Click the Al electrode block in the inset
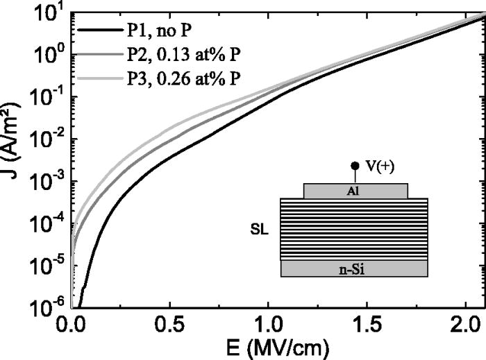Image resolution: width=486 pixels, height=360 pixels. (355, 191)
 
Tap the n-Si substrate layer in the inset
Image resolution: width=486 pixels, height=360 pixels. (354, 268)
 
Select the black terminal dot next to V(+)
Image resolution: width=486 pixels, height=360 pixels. (355, 166)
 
